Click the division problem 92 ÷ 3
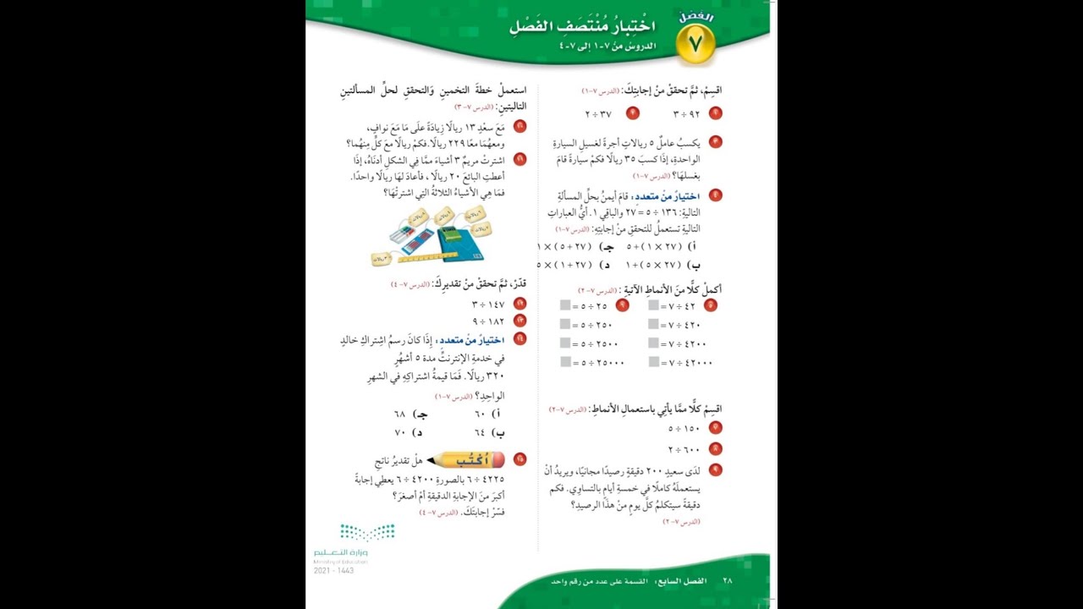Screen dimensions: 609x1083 point(688,113)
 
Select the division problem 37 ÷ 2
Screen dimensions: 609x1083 point(598,113)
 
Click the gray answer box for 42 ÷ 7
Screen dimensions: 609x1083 point(653,305)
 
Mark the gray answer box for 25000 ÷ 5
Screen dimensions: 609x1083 point(564,362)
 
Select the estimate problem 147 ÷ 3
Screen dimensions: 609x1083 point(488,304)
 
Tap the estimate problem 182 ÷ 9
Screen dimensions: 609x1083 point(488,321)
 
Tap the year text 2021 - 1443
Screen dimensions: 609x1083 point(333,570)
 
